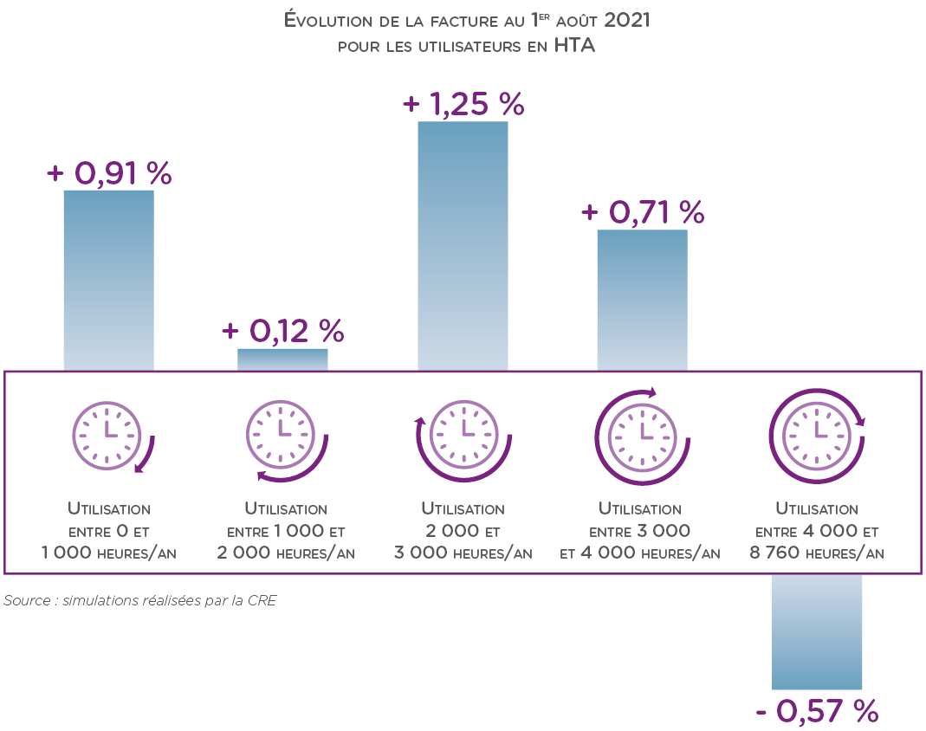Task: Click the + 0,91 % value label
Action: [x=109, y=173]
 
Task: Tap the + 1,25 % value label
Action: [x=463, y=104]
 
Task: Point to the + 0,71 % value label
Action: [x=643, y=212]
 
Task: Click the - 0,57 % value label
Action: [x=817, y=711]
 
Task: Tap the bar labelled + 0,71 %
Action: [x=643, y=300]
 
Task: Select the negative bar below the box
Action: [x=817, y=631]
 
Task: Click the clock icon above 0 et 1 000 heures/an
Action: [x=109, y=432]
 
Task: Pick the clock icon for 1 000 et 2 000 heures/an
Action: [x=283, y=432]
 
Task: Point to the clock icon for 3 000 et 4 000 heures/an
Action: [x=643, y=430]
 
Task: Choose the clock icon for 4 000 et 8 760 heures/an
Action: [x=817, y=430]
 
